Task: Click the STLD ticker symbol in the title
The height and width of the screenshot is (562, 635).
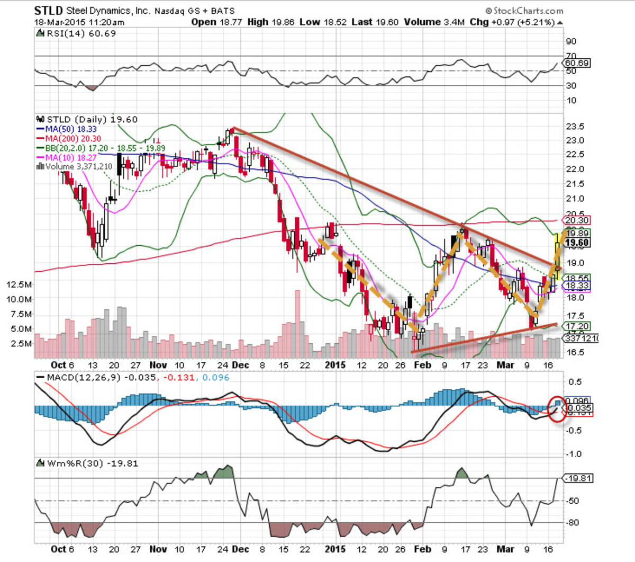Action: click(48, 11)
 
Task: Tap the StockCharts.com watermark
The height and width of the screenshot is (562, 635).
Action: click(524, 11)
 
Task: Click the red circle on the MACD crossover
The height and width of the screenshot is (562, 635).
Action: click(557, 409)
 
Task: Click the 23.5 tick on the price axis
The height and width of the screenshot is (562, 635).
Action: click(575, 127)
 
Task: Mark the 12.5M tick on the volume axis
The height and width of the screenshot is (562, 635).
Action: click(19, 284)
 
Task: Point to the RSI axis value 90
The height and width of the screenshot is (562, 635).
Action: click(571, 41)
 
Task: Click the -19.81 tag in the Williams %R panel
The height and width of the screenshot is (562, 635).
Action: click(578, 478)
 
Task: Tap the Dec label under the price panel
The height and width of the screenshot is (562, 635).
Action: click(241, 365)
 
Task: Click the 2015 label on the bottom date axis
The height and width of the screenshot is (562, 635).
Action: click(335, 549)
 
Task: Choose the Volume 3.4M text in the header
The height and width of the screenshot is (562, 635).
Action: click(434, 22)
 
